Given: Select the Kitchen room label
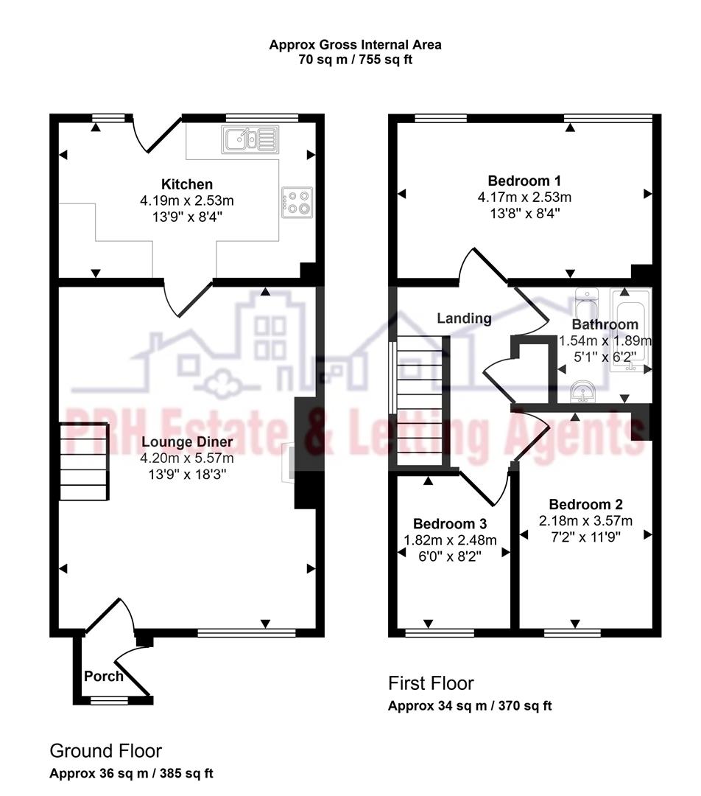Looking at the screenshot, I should (x=187, y=184).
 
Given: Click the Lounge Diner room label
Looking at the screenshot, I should (x=187, y=442).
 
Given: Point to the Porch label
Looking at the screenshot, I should (x=104, y=676).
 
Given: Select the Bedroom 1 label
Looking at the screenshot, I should (x=524, y=181).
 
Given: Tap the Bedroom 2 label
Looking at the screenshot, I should (x=585, y=505).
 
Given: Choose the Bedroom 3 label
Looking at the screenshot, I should (x=450, y=524).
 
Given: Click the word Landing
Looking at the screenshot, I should (x=464, y=318).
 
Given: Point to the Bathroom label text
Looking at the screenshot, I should (x=605, y=324).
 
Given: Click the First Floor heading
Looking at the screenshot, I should (x=431, y=683).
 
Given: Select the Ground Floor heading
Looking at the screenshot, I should (x=105, y=751).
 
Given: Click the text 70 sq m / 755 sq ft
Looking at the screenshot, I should (x=355, y=60).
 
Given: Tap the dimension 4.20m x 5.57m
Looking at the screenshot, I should (x=187, y=458).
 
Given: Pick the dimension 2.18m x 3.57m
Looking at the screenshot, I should (x=585, y=521).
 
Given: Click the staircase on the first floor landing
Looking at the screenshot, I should (x=420, y=401).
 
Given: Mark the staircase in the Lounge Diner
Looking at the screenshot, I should (x=83, y=464).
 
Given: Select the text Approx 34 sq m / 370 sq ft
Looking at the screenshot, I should (x=470, y=706).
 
